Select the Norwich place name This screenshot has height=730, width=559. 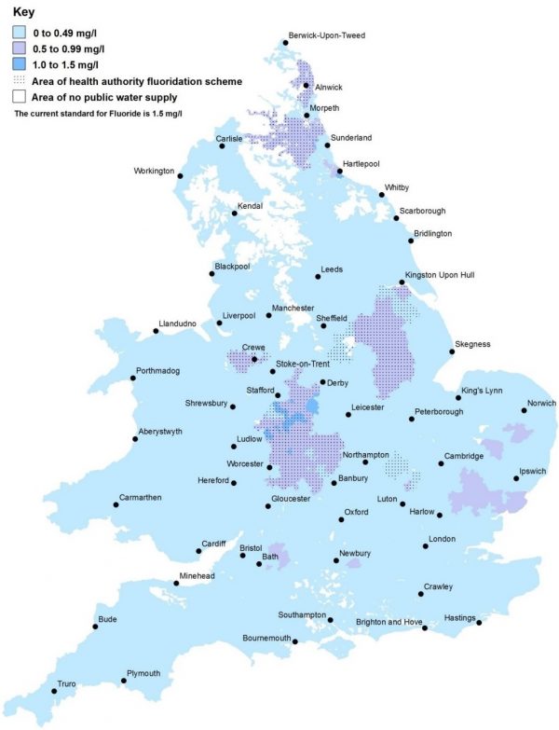point(541,403)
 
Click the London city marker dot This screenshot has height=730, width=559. point(424,547)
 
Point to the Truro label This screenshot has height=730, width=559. point(67,683)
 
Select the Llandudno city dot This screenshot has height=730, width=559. point(156,330)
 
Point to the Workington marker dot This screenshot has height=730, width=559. point(181,175)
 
